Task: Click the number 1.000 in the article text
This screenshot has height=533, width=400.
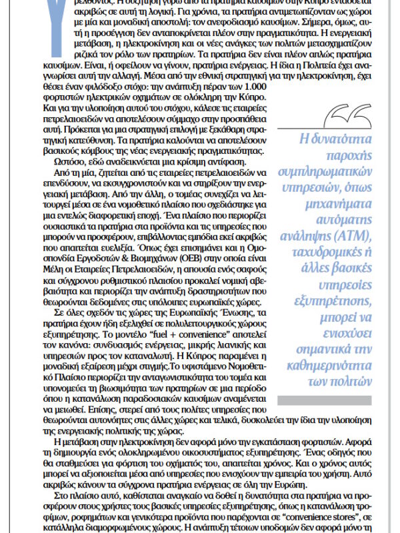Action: (x=247, y=92)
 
